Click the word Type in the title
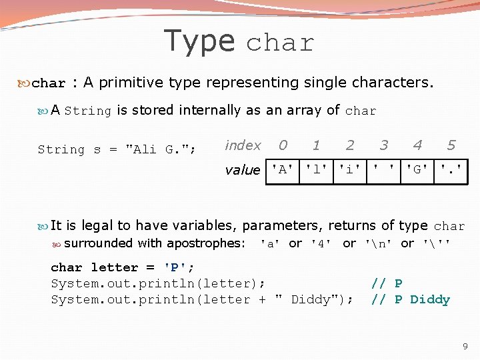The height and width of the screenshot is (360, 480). point(199,41)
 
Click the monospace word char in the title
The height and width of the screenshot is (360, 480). point(280,44)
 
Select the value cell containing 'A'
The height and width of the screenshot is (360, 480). point(283,169)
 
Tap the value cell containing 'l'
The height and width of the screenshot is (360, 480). point(317,169)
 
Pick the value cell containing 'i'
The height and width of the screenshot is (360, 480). point(350,169)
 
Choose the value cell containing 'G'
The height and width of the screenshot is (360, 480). point(417,169)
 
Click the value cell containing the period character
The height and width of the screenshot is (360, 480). point(451,169)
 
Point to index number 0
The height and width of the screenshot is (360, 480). point(283,145)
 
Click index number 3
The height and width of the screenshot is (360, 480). point(383,145)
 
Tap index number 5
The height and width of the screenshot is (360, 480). point(451,145)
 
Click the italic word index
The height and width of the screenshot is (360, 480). point(243,145)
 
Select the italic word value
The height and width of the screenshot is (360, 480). point(243,170)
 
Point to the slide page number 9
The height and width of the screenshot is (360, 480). point(465,347)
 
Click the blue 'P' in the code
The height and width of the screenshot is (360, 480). point(175,268)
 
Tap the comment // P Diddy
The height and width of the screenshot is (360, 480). point(410,300)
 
